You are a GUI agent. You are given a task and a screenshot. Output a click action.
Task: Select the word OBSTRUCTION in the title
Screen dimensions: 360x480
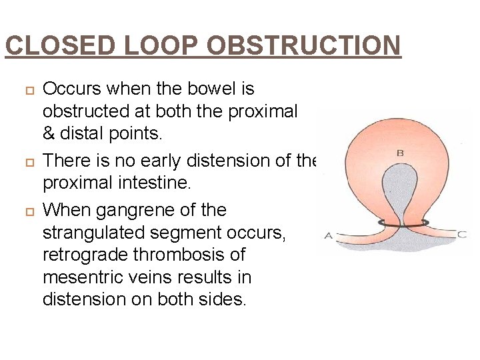304,46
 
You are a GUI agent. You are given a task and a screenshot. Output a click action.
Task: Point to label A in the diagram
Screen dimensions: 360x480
328,235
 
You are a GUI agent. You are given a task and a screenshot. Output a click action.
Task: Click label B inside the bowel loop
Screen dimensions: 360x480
400,153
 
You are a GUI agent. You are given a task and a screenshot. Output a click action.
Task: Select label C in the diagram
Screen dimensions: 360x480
463,233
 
